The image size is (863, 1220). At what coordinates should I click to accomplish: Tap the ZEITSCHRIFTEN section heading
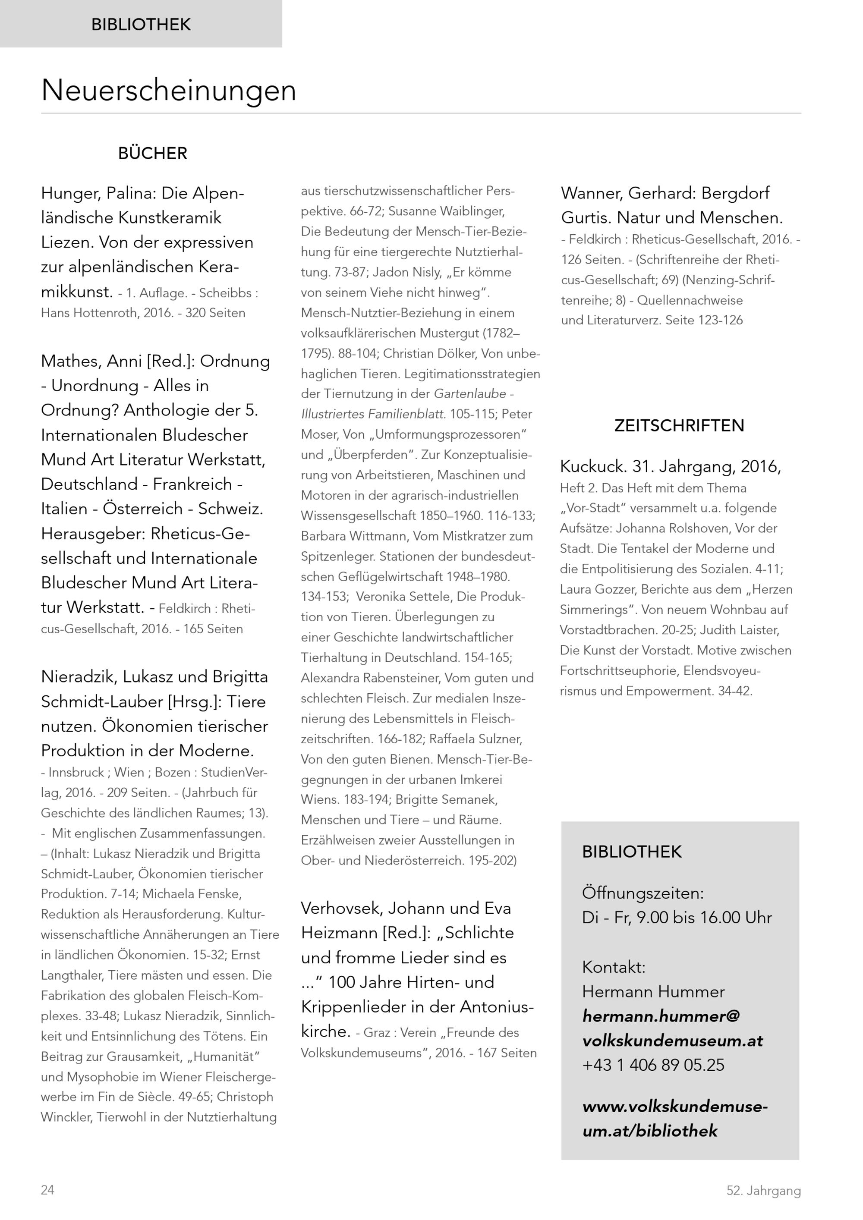tap(679, 426)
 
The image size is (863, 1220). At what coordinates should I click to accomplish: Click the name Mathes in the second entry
tap(71, 362)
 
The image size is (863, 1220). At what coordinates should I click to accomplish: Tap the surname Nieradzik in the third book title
tap(79, 677)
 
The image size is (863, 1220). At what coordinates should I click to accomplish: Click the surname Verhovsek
tap(341, 908)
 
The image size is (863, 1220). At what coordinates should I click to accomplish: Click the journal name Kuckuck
tap(593, 466)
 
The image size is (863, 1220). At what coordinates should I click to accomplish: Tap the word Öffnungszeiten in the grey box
tap(643, 893)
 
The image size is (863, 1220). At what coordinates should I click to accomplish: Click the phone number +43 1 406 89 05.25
tap(653, 1065)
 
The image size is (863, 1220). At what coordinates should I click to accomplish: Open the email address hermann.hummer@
tap(661, 1016)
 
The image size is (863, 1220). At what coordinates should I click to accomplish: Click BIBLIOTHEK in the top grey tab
tap(141, 25)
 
